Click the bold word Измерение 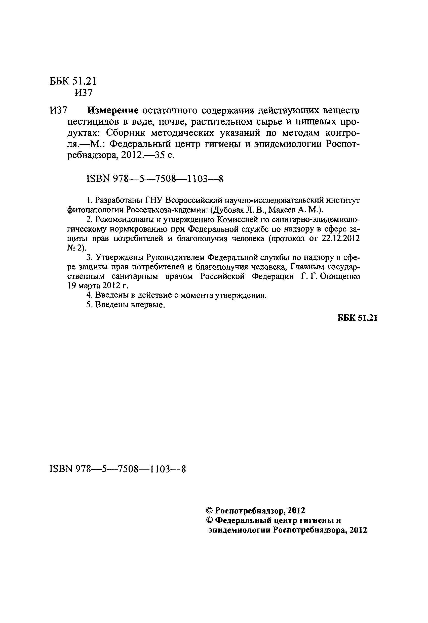coord(113,110)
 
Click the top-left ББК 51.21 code coord(73,81)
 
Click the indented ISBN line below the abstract coord(155,178)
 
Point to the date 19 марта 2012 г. coord(98,286)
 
